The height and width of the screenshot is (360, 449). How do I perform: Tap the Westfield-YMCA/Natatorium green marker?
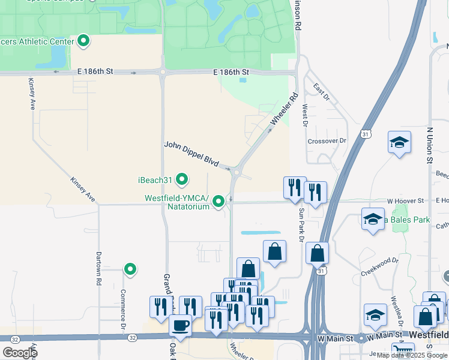coord(219,202)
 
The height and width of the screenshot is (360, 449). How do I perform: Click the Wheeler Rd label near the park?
coord(284,109)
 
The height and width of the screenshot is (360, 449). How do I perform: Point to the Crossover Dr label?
coord(327,141)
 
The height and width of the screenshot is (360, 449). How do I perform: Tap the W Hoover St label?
coord(405,200)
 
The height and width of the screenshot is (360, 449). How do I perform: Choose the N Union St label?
coord(430,145)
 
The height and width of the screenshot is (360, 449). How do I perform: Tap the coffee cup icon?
coord(180,326)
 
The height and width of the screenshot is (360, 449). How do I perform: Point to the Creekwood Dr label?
coord(380,265)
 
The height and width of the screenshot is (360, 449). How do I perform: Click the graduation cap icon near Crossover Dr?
coord(399,143)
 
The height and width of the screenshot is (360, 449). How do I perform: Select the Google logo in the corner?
coord(20,352)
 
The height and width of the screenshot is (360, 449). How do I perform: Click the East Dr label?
coord(322,91)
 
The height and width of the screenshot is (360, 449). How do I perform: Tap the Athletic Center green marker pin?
coord(84,41)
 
